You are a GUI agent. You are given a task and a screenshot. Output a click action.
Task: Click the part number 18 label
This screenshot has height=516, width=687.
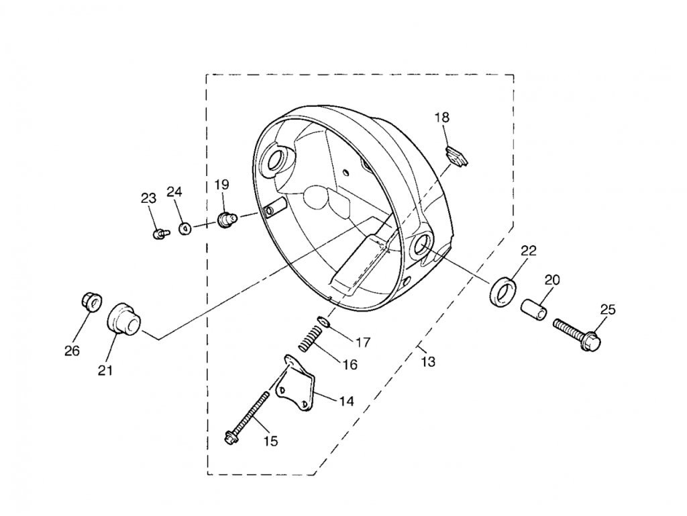click(441, 118)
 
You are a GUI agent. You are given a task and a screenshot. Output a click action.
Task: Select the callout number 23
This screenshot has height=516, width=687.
click(148, 198)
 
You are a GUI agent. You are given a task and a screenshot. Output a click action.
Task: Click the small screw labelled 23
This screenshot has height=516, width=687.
click(160, 233)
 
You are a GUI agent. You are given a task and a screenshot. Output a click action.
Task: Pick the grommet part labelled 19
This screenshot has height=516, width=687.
click(226, 219)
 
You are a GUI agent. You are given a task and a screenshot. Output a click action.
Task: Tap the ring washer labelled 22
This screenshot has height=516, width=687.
click(503, 290)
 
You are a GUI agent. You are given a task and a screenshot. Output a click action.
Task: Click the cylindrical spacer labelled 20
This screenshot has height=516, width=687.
click(535, 308)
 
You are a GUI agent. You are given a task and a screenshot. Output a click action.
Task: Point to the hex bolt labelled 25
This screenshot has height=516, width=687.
click(578, 333)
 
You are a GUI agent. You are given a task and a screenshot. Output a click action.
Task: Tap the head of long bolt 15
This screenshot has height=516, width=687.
click(231, 439)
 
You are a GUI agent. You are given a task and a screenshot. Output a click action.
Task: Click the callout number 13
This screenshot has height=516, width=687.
click(428, 362)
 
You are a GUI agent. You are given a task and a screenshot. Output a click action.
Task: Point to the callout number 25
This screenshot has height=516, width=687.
click(607, 309)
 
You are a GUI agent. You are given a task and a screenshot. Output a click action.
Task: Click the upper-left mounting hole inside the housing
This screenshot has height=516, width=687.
click(276, 159)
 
